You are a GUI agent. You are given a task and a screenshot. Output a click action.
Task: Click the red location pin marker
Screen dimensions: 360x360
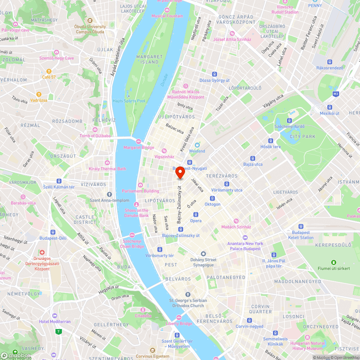click(x=180, y=173)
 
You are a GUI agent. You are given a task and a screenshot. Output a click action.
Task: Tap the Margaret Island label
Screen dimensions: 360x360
click(x=150, y=59)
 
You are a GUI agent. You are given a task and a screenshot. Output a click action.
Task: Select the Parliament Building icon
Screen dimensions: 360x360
click(x=140, y=185)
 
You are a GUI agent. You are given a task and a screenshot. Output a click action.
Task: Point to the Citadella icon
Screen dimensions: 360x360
click(x=143, y=310)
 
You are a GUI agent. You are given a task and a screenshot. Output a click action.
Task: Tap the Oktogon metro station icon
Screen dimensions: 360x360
click(x=212, y=198)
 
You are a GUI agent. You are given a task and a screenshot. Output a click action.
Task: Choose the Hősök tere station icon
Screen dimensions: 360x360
click(x=271, y=141)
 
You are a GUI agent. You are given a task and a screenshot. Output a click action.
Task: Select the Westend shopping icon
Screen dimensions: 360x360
click(x=197, y=145)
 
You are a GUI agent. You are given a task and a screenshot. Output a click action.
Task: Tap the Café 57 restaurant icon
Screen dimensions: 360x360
click(x=49, y=71)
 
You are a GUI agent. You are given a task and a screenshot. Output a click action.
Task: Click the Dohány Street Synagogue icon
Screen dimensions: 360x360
click(x=204, y=254)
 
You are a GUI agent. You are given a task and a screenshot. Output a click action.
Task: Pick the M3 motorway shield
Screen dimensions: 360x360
click(x=336, y=94)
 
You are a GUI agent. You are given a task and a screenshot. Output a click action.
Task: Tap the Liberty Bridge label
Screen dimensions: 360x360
click(x=179, y=324)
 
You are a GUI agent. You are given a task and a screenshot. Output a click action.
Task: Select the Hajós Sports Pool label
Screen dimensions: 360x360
click(x=129, y=101)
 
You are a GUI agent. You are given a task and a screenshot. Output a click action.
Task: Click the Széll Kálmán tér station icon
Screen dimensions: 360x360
click(x=59, y=181)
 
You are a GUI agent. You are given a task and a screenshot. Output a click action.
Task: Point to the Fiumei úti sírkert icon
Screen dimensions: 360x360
click(x=334, y=262)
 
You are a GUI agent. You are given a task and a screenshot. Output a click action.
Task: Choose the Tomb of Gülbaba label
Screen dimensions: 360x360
click(x=95, y=136)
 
